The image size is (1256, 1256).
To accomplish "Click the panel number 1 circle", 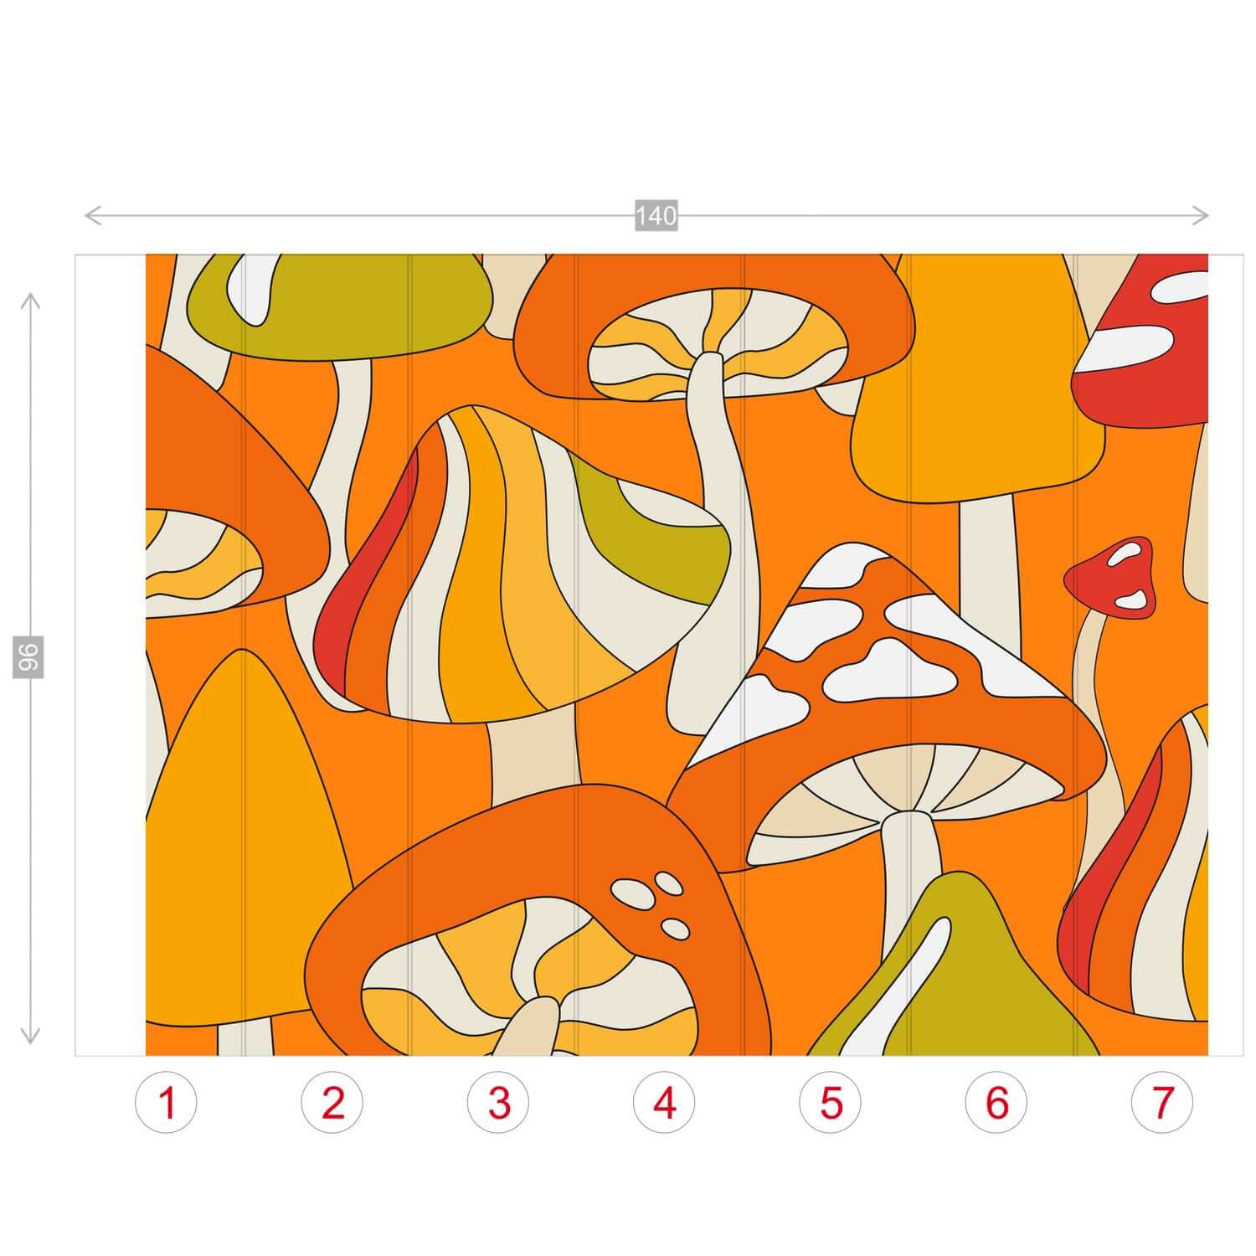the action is click(167, 1103).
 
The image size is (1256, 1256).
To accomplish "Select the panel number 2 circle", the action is click(332, 1103).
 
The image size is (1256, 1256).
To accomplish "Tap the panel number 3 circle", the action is click(499, 1103).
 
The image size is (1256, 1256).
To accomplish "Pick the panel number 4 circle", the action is click(665, 1103).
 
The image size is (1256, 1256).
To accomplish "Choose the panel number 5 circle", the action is click(831, 1103).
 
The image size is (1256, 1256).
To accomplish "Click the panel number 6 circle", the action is click(996, 1103).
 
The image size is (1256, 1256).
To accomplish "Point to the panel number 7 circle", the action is click(1162, 1103).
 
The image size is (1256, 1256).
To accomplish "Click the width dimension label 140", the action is click(656, 216).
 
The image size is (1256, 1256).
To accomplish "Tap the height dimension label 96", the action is click(28, 656).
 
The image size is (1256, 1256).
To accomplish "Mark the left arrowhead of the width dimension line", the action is click(92, 215).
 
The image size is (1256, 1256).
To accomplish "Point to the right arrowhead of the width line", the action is click(1201, 215).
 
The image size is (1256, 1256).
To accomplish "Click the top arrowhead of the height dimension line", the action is click(30, 300).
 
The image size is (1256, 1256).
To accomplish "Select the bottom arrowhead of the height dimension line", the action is click(30, 1037).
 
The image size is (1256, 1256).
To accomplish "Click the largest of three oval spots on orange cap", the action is click(630, 893).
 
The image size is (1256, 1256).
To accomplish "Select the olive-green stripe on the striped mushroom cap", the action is click(661, 528).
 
